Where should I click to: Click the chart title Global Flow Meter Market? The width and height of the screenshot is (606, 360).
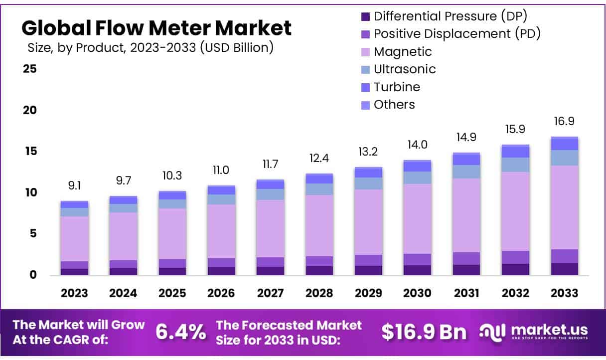click(x=156, y=28)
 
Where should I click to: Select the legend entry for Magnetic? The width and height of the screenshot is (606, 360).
click(x=403, y=52)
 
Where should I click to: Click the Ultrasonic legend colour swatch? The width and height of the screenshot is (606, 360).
click(x=365, y=69)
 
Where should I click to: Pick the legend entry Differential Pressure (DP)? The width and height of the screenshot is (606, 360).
click(x=451, y=16)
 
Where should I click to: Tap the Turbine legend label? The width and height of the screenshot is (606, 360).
click(x=397, y=87)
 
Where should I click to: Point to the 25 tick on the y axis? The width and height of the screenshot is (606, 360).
click(x=30, y=69)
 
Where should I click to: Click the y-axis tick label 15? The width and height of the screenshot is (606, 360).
click(x=30, y=151)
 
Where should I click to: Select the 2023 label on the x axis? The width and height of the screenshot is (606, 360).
click(x=75, y=293)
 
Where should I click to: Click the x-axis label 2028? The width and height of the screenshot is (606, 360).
click(x=319, y=293)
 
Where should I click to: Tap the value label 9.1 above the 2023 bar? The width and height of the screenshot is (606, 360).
click(x=75, y=185)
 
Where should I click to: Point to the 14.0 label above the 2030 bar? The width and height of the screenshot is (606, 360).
click(x=417, y=145)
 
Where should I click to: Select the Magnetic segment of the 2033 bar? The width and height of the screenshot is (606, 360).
click(x=564, y=207)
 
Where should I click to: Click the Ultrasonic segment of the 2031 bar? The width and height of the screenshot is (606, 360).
click(x=466, y=172)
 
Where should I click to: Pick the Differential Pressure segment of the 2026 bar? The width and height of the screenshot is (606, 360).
click(x=221, y=271)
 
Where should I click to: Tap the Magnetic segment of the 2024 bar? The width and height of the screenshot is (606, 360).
click(x=124, y=236)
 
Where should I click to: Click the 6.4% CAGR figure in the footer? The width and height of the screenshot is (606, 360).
click(x=181, y=332)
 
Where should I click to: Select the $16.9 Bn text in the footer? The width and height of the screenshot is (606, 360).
click(x=424, y=332)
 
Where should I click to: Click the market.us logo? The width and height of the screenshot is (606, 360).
click(x=533, y=332)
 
